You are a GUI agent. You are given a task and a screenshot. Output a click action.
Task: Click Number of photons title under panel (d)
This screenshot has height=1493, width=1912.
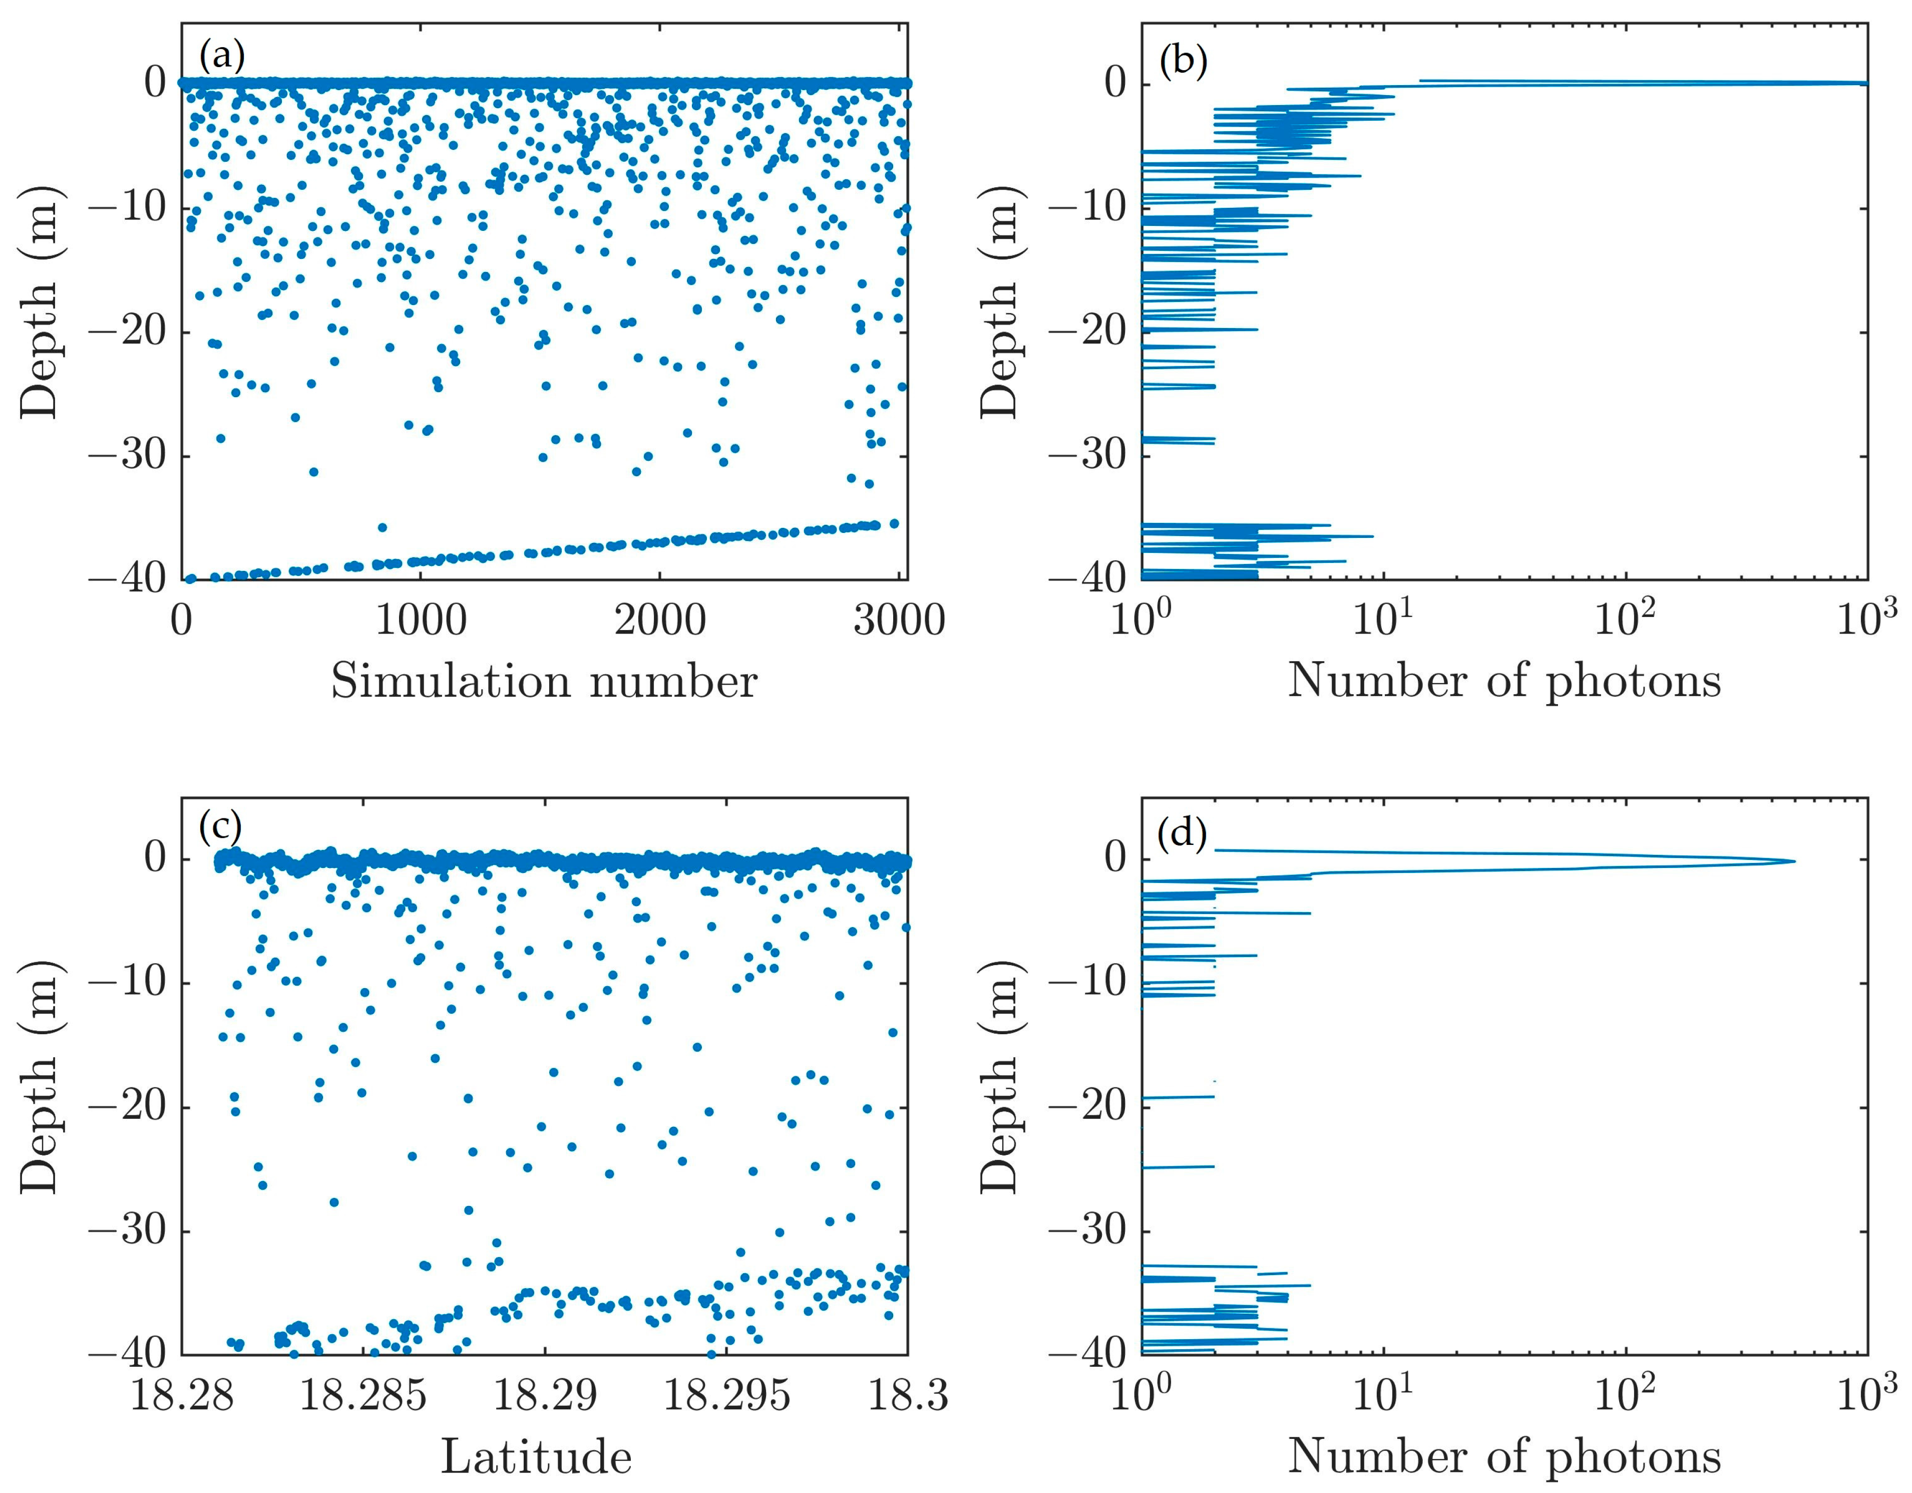[1504, 1456]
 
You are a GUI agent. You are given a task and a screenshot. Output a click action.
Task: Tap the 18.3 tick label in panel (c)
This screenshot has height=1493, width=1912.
[907, 1394]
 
